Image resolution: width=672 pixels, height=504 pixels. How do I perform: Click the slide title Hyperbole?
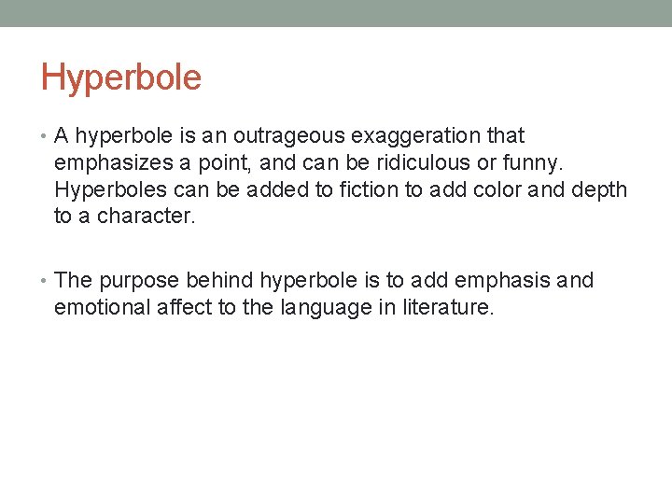click(x=121, y=77)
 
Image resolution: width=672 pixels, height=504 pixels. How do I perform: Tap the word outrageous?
click(x=279, y=136)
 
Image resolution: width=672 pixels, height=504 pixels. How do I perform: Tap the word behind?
click(x=220, y=280)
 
